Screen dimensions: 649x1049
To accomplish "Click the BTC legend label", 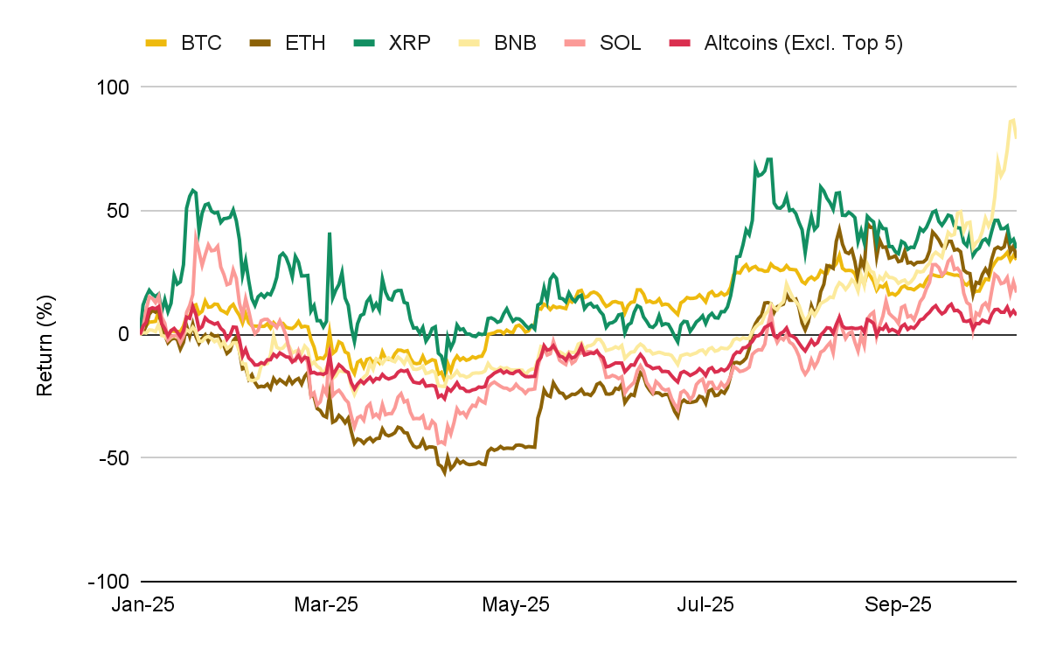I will pyautogui.click(x=201, y=43).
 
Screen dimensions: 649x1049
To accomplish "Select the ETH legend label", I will pyautogui.click(x=306, y=43).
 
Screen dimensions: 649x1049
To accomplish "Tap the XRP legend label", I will pyautogui.click(x=410, y=43).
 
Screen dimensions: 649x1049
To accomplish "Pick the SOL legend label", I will pyautogui.click(x=621, y=43).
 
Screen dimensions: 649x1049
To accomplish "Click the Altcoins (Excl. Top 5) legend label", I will pyautogui.click(x=802, y=43).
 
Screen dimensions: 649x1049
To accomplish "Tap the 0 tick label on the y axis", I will pyautogui.click(x=124, y=334).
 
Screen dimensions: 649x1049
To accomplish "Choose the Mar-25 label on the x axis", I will pyautogui.click(x=325, y=604).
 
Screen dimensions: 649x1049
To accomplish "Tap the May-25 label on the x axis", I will pyautogui.click(x=516, y=604).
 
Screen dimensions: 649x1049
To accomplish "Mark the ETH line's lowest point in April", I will pyautogui.click(x=444, y=472).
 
